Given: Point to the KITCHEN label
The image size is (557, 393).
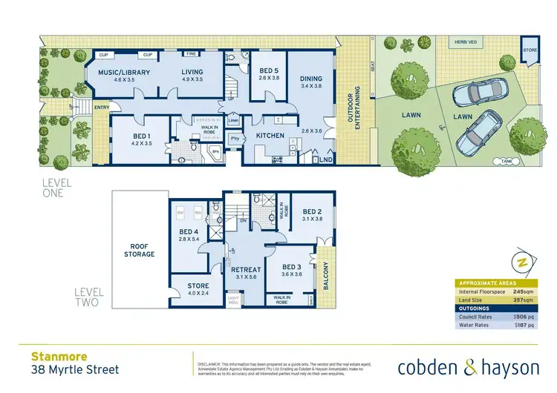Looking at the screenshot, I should click(x=270, y=136).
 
